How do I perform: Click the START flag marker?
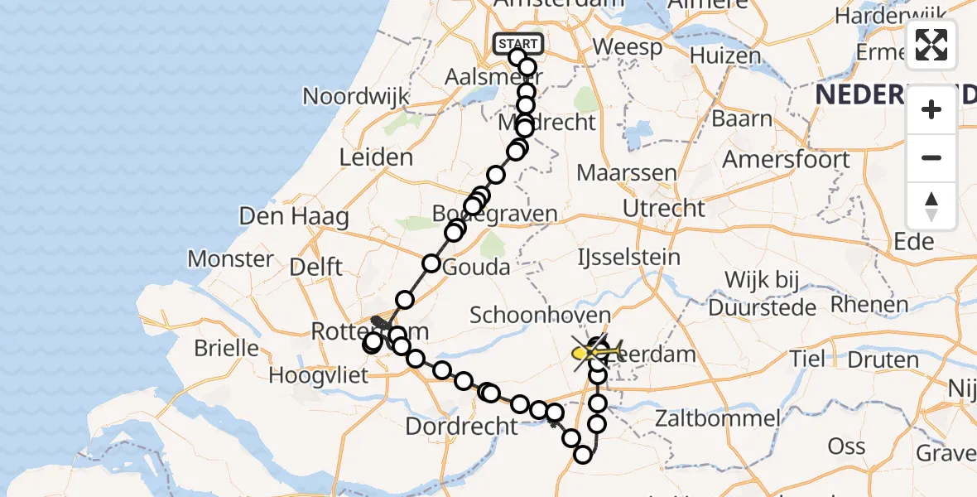518,43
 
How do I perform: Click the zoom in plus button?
931,109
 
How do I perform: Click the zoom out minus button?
931,157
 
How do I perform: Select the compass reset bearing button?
931,205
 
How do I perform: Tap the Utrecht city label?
664,208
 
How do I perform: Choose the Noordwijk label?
357,96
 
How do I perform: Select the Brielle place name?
227,347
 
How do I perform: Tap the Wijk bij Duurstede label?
763,292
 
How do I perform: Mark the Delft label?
316,267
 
